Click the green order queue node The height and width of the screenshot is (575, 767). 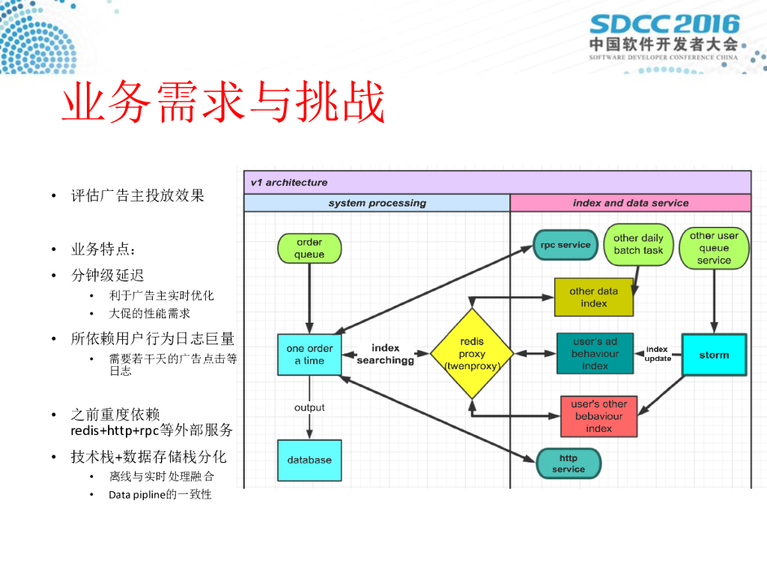309,249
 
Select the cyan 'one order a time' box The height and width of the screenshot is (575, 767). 309,354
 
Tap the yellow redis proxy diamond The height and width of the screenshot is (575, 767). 472,353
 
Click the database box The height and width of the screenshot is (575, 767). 309,460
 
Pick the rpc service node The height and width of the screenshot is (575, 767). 566,245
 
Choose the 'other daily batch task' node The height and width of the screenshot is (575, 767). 638,244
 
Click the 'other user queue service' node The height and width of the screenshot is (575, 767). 714,248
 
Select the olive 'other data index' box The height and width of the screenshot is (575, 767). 593,296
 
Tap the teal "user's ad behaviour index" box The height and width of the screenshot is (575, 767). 595,353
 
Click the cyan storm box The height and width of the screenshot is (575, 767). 714,354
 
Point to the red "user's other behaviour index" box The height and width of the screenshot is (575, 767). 599,416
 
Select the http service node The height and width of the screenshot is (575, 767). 569,463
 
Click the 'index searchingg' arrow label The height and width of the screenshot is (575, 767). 386,354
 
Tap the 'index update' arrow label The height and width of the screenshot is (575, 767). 658,353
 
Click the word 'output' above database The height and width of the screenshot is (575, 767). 309,407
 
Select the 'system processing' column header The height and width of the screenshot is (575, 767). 377,203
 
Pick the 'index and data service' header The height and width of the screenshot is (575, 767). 631,203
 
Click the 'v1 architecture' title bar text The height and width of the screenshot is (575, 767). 289,182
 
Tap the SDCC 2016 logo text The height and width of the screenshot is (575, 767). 664,25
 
